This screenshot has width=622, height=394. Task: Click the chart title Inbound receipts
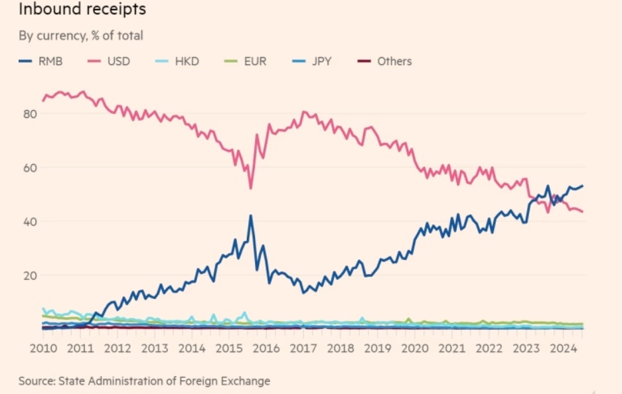point(82,10)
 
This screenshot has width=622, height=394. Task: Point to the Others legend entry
point(394,61)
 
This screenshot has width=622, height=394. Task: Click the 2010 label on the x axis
point(42,348)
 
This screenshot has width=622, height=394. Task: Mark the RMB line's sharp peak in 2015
point(250,216)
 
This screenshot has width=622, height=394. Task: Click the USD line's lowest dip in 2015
point(250,188)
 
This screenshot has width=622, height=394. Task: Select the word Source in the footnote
point(35,381)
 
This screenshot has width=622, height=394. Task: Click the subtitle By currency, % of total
point(80,35)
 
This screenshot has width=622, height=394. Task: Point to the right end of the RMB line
point(582,186)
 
